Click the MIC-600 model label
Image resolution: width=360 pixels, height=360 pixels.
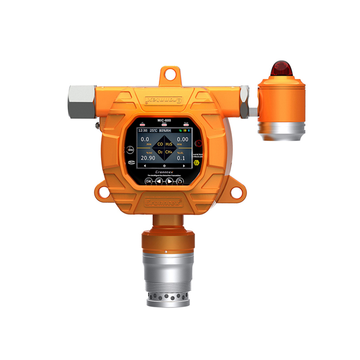[164, 120]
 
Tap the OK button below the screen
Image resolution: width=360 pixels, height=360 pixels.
[148, 181]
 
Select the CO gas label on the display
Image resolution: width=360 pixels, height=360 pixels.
[161, 144]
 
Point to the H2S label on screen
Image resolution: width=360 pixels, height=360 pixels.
[169, 144]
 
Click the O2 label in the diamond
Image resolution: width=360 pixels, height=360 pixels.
[161, 152]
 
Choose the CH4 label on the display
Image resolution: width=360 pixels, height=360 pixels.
[169, 152]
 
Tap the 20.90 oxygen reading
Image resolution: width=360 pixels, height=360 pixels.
[148, 158]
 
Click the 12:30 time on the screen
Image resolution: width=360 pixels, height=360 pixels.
[143, 131]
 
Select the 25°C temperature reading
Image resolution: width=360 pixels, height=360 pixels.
[154, 131]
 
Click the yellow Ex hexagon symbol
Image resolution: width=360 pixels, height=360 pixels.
[196, 163]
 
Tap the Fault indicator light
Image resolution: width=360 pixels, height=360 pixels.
[186, 125]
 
